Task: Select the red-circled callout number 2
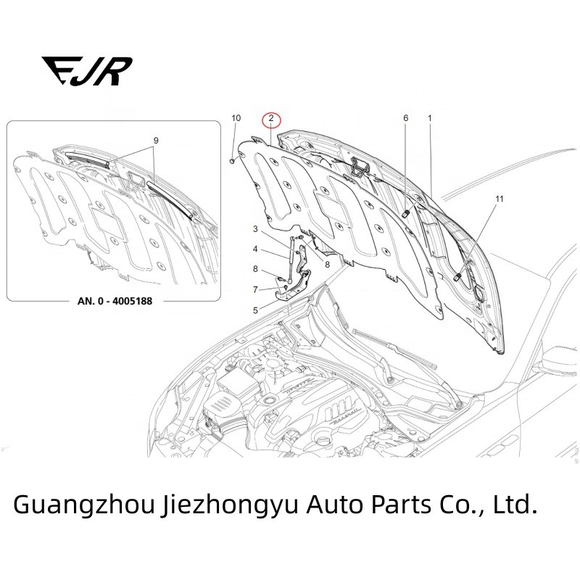[270, 118]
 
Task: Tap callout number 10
[235, 117]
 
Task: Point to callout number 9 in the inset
[155, 140]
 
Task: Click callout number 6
[405, 117]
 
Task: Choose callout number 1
[430, 117]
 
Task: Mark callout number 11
[498, 198]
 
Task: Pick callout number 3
[255, 229]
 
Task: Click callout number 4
[255, 249]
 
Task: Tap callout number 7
[255, 289]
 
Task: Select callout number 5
[255, 310]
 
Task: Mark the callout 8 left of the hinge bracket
[255, 269]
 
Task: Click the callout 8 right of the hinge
[328, 266]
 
